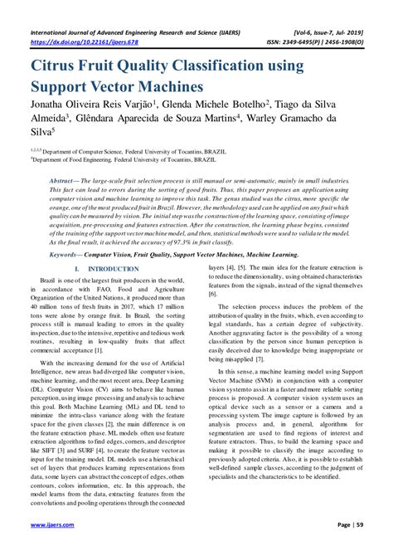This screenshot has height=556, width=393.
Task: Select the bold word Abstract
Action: tap(83, 179)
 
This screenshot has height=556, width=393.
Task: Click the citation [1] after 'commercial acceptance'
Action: tap(120, 352)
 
